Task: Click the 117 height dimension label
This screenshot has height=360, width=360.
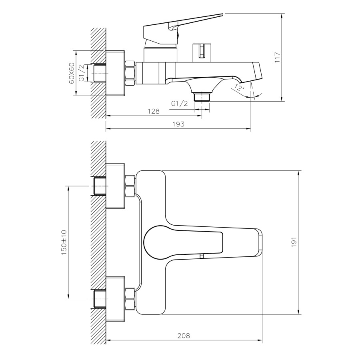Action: [x=277, y=57]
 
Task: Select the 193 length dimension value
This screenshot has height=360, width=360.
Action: [x=178, y=124]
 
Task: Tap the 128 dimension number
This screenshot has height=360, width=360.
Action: [x=153, y=111]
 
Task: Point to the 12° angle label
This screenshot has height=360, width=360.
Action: [x=239, y=88]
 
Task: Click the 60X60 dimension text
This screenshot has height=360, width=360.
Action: [x=72, y=73]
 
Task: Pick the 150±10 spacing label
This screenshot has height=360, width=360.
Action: [x=64, y=242]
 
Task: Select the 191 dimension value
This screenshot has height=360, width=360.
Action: [x=294, y=242]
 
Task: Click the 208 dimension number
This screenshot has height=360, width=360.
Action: [x=184, y=336]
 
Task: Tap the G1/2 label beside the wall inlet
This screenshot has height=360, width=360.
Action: [x=82, y=73]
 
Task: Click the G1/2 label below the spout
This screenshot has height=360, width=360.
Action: [x=180, y=104]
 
